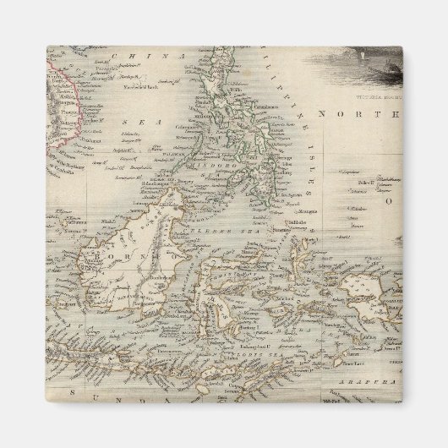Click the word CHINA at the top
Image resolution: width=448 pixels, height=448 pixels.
pyautogui.click(x=135, y=57)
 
